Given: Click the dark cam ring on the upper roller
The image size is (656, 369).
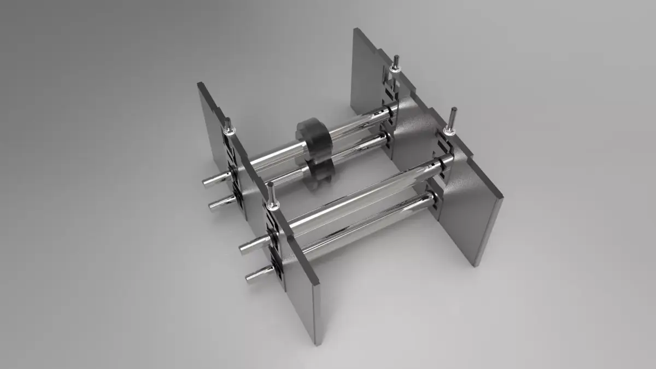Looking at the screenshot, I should click(315, 137).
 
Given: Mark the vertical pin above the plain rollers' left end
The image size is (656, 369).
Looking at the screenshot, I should click(271, 194).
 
